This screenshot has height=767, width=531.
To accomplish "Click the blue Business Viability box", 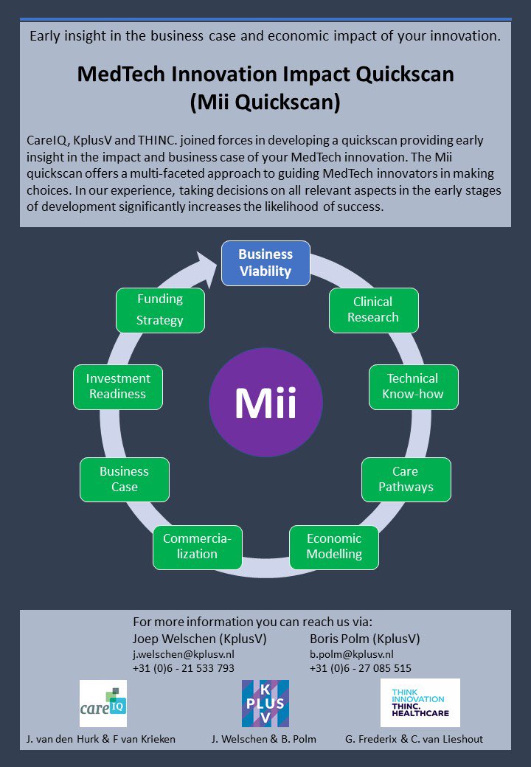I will [x=265, y=263].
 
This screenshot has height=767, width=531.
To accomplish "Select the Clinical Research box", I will [x=373, y=310].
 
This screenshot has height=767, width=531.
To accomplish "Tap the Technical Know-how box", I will [x=414, y=386].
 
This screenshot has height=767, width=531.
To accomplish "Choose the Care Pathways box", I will [x=406, y=479].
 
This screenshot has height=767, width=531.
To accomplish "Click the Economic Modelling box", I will [x=334, y=546].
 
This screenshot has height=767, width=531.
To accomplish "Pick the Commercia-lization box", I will [x=197, y=546].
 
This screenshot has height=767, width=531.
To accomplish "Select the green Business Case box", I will [x=125, y=479].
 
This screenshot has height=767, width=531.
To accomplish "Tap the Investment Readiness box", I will [x=118, y=386].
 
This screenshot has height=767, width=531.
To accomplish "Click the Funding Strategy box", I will [x=160, y=310].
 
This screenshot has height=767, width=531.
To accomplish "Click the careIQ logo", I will [x=103, y=703].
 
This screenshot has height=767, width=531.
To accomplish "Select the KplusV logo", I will [x=265, y=703].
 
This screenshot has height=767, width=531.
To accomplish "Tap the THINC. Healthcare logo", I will [x=420, y=703].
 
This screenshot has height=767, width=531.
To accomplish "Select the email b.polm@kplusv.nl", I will [x=352, y=654].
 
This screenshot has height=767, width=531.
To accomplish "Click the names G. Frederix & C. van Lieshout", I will [x=414, y=738].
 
